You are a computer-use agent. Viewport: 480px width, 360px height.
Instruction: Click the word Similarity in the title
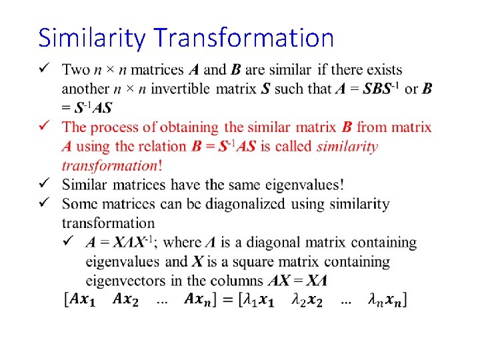91,38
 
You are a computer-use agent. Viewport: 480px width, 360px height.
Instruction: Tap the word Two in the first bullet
76,69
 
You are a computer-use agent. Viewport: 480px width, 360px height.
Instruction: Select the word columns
239,281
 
